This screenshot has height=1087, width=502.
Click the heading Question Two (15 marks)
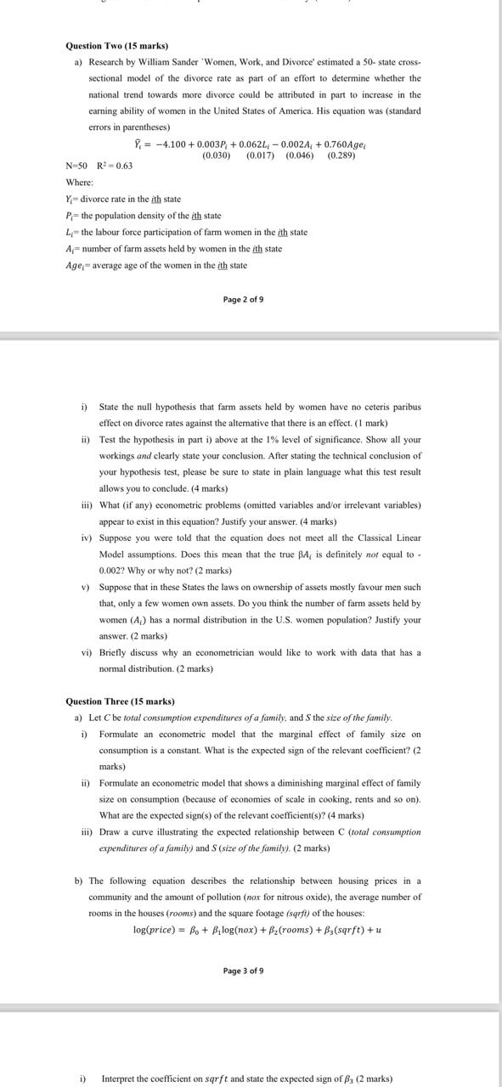click(116, 45)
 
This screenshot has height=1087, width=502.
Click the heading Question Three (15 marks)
click(120, 701)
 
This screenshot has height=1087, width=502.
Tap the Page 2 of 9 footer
click(243, 300)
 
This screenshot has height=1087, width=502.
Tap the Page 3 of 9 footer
click(243, 971)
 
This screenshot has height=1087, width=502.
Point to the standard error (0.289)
click(341, 155)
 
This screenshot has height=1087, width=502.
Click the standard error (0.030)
click(216, 155)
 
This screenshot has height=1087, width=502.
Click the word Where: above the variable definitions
click(80, 183)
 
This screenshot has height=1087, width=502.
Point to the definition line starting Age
click(156, 265)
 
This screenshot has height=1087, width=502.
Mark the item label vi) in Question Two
click(86, 652)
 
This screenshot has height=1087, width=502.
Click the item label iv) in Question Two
click(86, 538)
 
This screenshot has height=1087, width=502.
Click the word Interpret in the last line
click(121, 1079)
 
